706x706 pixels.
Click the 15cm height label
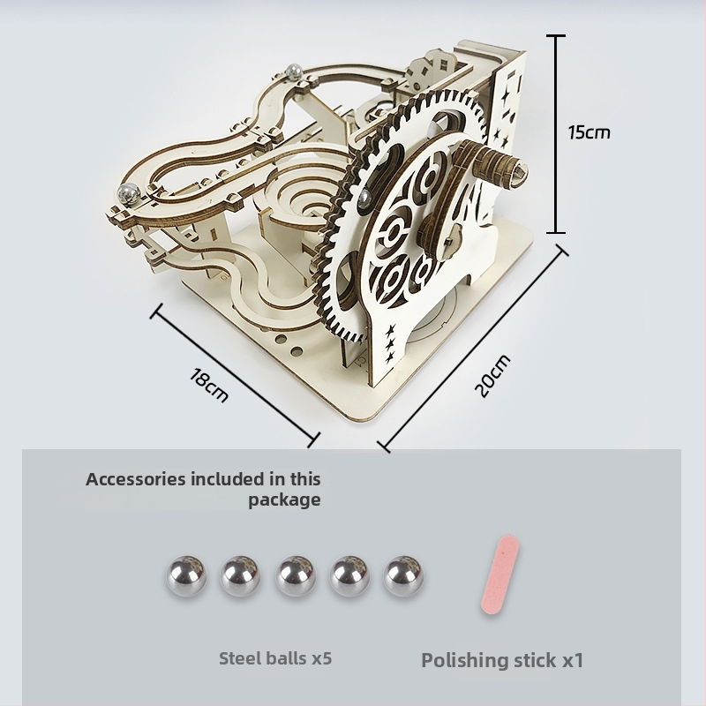click(589, 132)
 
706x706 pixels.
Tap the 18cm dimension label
click(209, 385)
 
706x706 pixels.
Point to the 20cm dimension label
click(493, 376)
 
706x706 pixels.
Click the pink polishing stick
click(499, 574)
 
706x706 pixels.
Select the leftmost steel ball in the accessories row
click(186, 576)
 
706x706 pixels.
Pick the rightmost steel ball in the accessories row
click(403, 576)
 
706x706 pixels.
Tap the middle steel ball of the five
click(296, 576)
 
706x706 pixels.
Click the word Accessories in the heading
click(136, 479)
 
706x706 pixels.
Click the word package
click(284, 500)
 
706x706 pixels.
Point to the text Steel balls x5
click(275, 658)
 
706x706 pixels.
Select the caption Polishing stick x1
click(502, 660)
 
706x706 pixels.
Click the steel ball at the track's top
click(294, 71)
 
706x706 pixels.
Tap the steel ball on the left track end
click(129, 193)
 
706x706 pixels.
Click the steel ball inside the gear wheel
click(365, 198)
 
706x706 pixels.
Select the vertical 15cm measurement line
click(557, 134)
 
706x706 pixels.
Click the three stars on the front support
click(390, 343)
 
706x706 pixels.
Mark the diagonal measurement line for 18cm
click(235, 376)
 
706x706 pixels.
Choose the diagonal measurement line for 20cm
click(473, 348)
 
